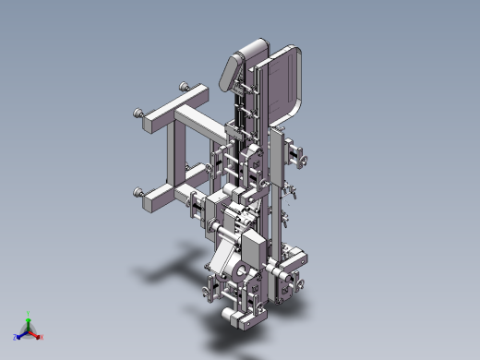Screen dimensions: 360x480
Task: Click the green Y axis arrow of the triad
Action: (x=29, y=316)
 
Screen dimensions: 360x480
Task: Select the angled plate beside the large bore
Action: (x=221, y=256)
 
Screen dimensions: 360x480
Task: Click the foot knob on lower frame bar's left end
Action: (x=139, y=193)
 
